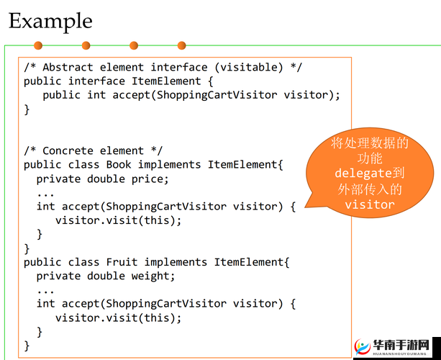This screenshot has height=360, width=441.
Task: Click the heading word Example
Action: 50,21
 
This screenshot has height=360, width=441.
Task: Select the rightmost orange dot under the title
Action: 181,45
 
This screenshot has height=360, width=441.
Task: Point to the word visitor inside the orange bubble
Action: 370,205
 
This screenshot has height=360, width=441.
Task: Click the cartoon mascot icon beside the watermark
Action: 360,346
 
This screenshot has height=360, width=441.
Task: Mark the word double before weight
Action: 106,276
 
